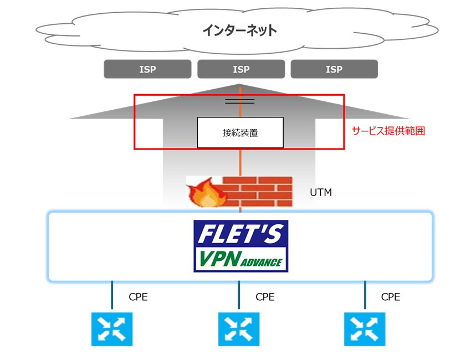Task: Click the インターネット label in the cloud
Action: pos(239,30)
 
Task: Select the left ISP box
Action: pos(147,69)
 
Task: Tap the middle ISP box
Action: pos(240,69)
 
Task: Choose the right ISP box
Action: pos(334,69)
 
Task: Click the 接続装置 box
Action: pos(240,132)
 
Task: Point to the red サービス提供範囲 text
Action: pos(388,131)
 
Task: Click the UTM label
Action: pos(320,193)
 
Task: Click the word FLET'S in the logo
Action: pos(240,235)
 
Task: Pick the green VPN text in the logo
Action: pos(219,259)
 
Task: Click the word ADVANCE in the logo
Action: pos(263,262)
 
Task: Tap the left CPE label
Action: pos(138,297)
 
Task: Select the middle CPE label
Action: pos(265,297)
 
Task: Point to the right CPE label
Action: pos(391,297)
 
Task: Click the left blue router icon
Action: pos(112,328)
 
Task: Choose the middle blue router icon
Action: pos(239,328)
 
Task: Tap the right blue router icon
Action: pos(365,328)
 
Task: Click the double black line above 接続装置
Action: pos(240,101)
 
